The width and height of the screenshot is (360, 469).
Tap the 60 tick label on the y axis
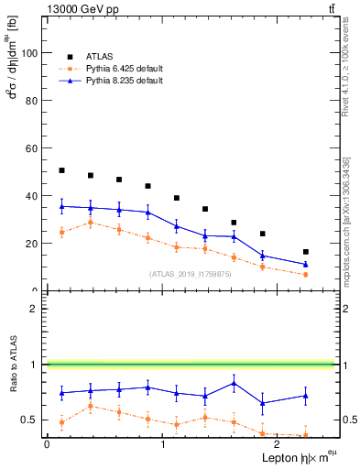[31, 148]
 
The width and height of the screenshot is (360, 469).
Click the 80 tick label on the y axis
[31, 101]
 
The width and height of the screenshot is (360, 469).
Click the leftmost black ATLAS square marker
[61, 170]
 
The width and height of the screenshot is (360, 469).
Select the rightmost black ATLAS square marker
[305, 252]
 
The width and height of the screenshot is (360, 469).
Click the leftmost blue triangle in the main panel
[61, 206]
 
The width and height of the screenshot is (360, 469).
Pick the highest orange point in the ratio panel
[89, 406]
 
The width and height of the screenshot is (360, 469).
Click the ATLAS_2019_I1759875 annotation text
[192, 274]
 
